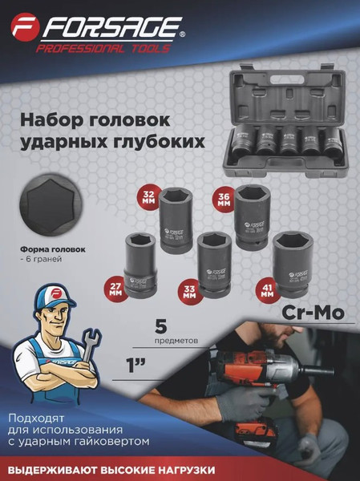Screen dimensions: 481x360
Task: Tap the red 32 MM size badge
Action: pos(148,197)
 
